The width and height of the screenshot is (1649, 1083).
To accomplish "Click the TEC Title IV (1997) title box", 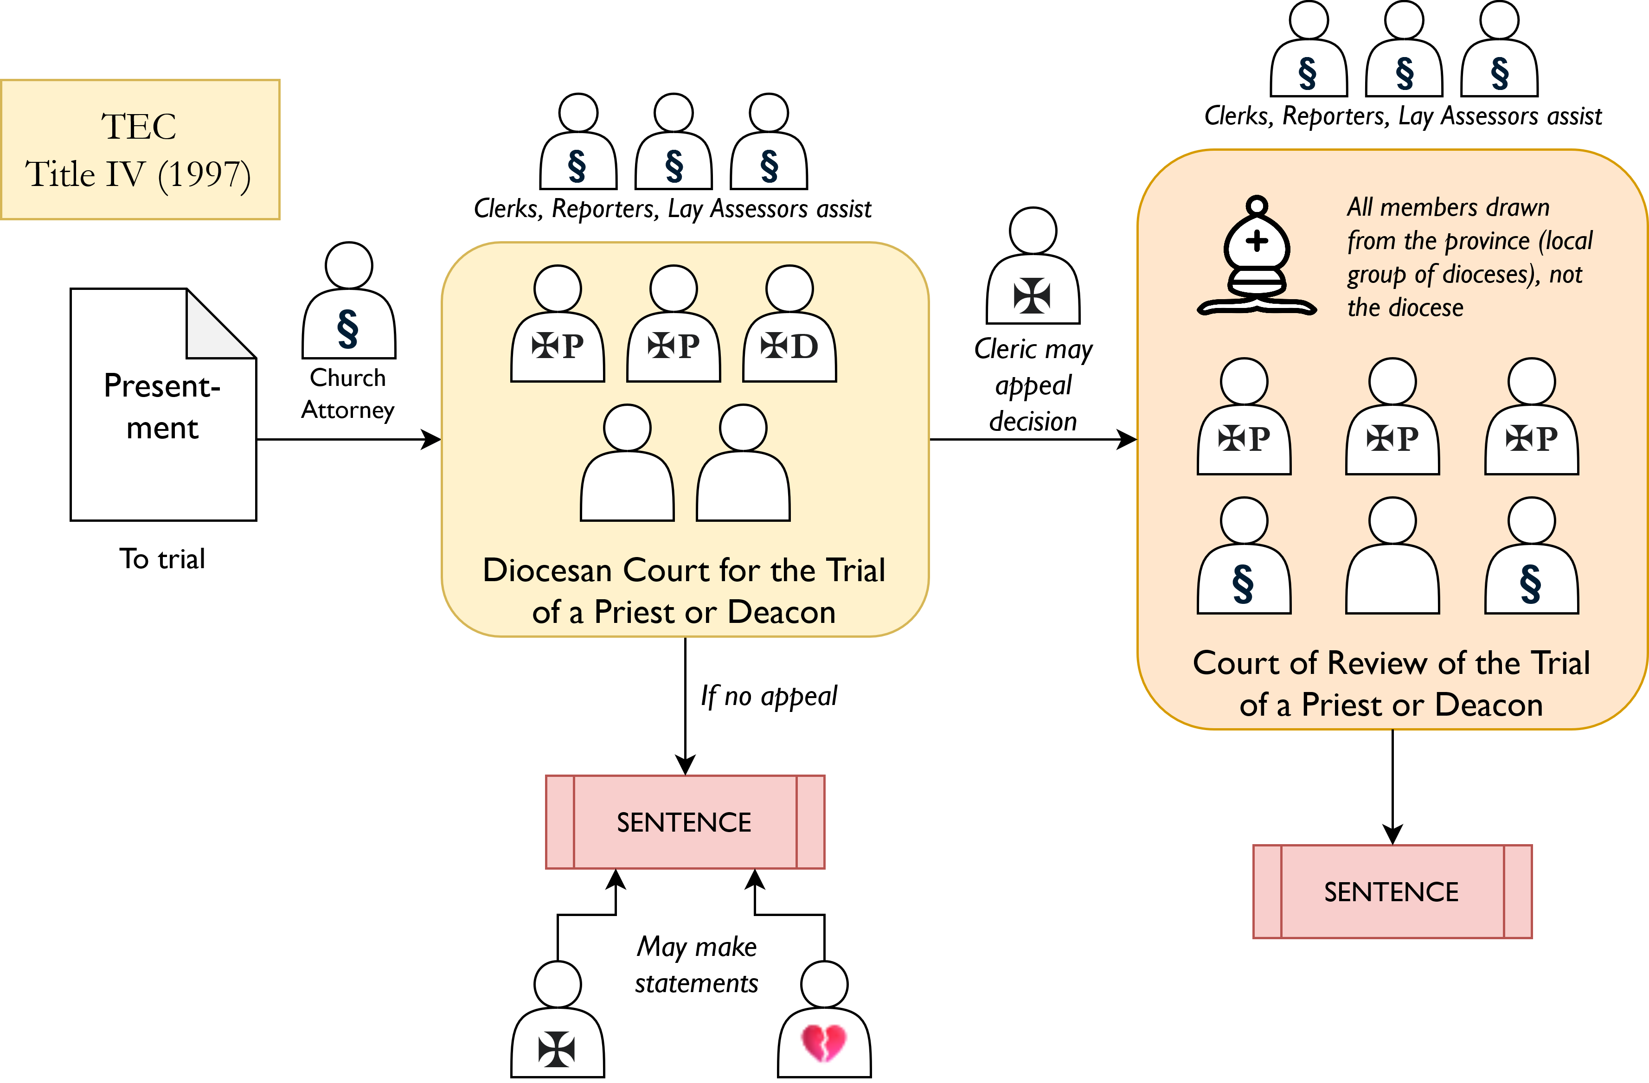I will (140, 150).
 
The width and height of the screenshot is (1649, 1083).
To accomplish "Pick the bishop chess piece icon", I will (1256, 258).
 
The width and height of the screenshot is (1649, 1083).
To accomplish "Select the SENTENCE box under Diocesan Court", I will (685, 822).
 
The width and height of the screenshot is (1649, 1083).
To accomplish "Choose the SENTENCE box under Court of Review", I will (1392, 892).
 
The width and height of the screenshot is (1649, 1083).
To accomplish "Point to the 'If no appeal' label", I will (769, 696).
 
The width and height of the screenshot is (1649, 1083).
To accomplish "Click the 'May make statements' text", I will (696, 965).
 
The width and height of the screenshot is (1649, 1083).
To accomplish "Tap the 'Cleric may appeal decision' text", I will (1033, 385).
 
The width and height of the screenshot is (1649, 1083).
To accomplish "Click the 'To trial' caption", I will (163, 558).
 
